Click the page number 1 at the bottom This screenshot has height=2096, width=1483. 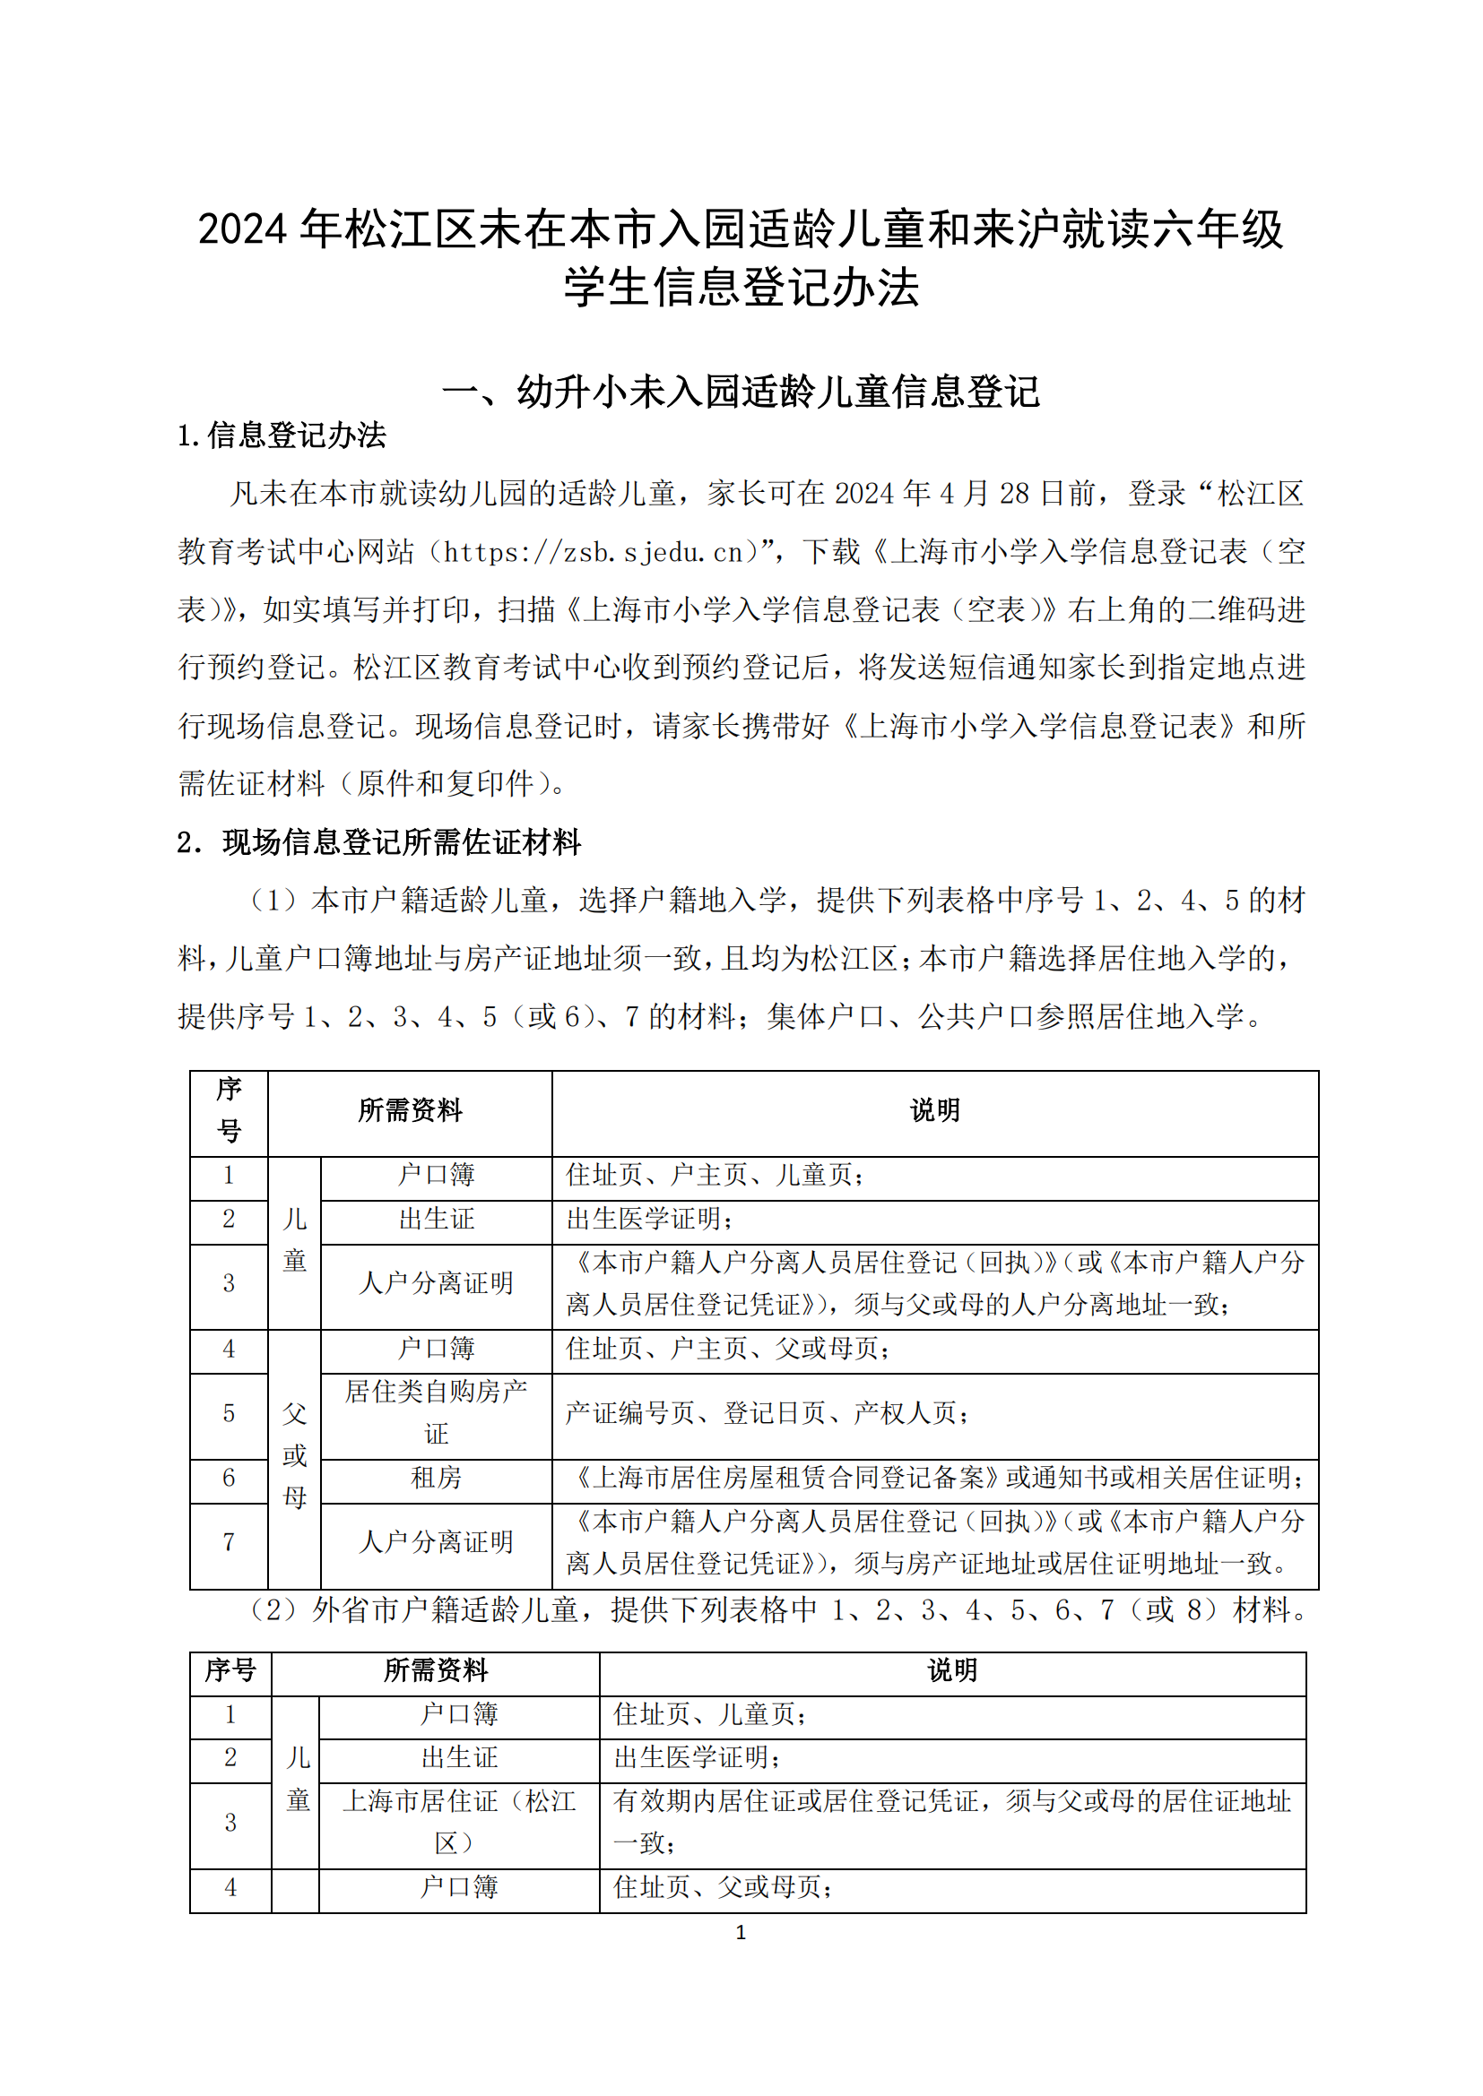pyautogui.click(x=741, y=1933)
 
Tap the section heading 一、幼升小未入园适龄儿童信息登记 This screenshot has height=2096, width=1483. pyautogui.click(x=741, y=392)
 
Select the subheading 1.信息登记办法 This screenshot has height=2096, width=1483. pyautogui.click(x=282, y=436)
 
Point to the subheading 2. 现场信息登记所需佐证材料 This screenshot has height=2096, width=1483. pyautogui.click(x=379, y=841)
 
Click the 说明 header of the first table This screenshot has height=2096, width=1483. pyautogui.click(x=935, y=1110)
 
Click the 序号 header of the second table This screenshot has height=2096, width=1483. pyautogui.click(x=230, y=1669)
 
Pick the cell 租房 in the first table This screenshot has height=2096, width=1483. pyautogui.click(x=437, y=1477)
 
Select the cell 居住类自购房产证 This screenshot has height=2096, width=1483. pyautogui.click(x=437, y=1412)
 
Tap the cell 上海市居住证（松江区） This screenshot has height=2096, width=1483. pyautogui.click(x=459, y=1821)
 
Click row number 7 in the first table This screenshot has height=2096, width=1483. pyautogui.click(x=229, y=1542)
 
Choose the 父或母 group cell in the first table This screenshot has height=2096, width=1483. pyautogui.click(x=294, y=1455)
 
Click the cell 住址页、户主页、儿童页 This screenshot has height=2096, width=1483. pyautogui.click(x=714, y=1175)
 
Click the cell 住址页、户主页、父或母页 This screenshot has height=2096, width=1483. pyautogui.click(x=727, y=1349)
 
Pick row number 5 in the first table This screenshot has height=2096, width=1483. pyautogui.click(x=229, y=1413)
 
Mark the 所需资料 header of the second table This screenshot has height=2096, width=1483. pyautogui.click(x=436, y=1669)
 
